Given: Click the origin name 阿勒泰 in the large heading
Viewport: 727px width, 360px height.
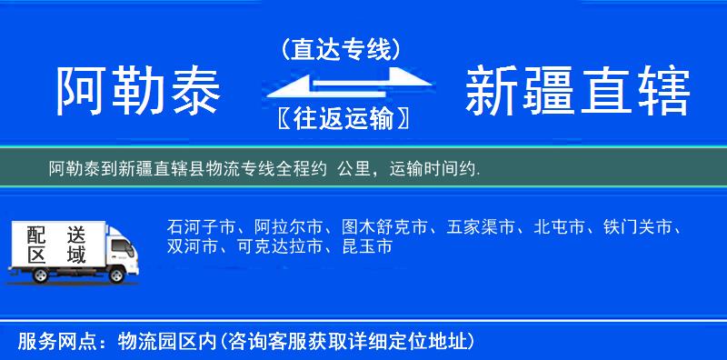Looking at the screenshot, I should click(138, 91).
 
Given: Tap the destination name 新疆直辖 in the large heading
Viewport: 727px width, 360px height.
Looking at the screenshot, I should click(577, 91).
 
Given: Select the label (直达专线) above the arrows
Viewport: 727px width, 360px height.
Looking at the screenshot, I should click(341, 51).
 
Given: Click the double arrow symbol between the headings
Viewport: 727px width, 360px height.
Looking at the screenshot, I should click(341, 85).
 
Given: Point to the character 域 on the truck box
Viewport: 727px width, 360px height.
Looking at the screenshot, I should click(75, 256).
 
